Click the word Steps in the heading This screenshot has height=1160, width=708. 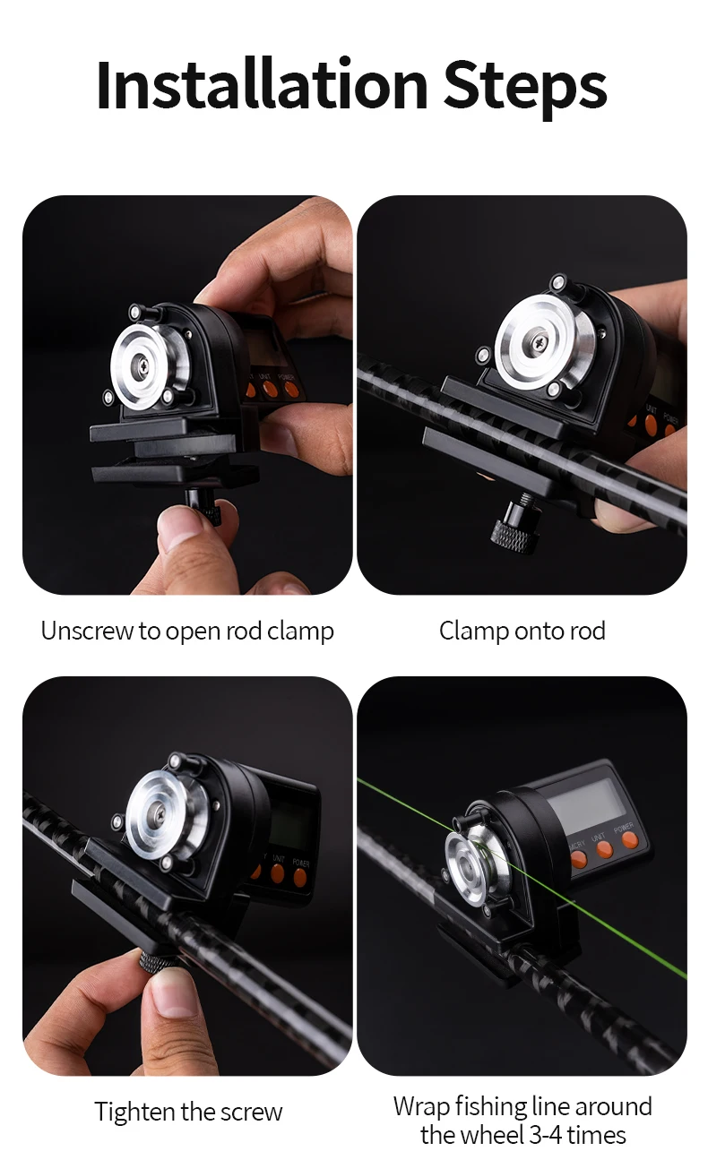[525, 89]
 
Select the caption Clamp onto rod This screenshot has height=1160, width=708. [522, 632]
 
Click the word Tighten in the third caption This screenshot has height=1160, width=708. [134, 1113]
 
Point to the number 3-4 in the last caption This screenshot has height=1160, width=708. [546, 1135]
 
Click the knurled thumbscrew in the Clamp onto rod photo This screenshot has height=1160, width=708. [514, 535]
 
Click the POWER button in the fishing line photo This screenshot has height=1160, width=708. [630, 840]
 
